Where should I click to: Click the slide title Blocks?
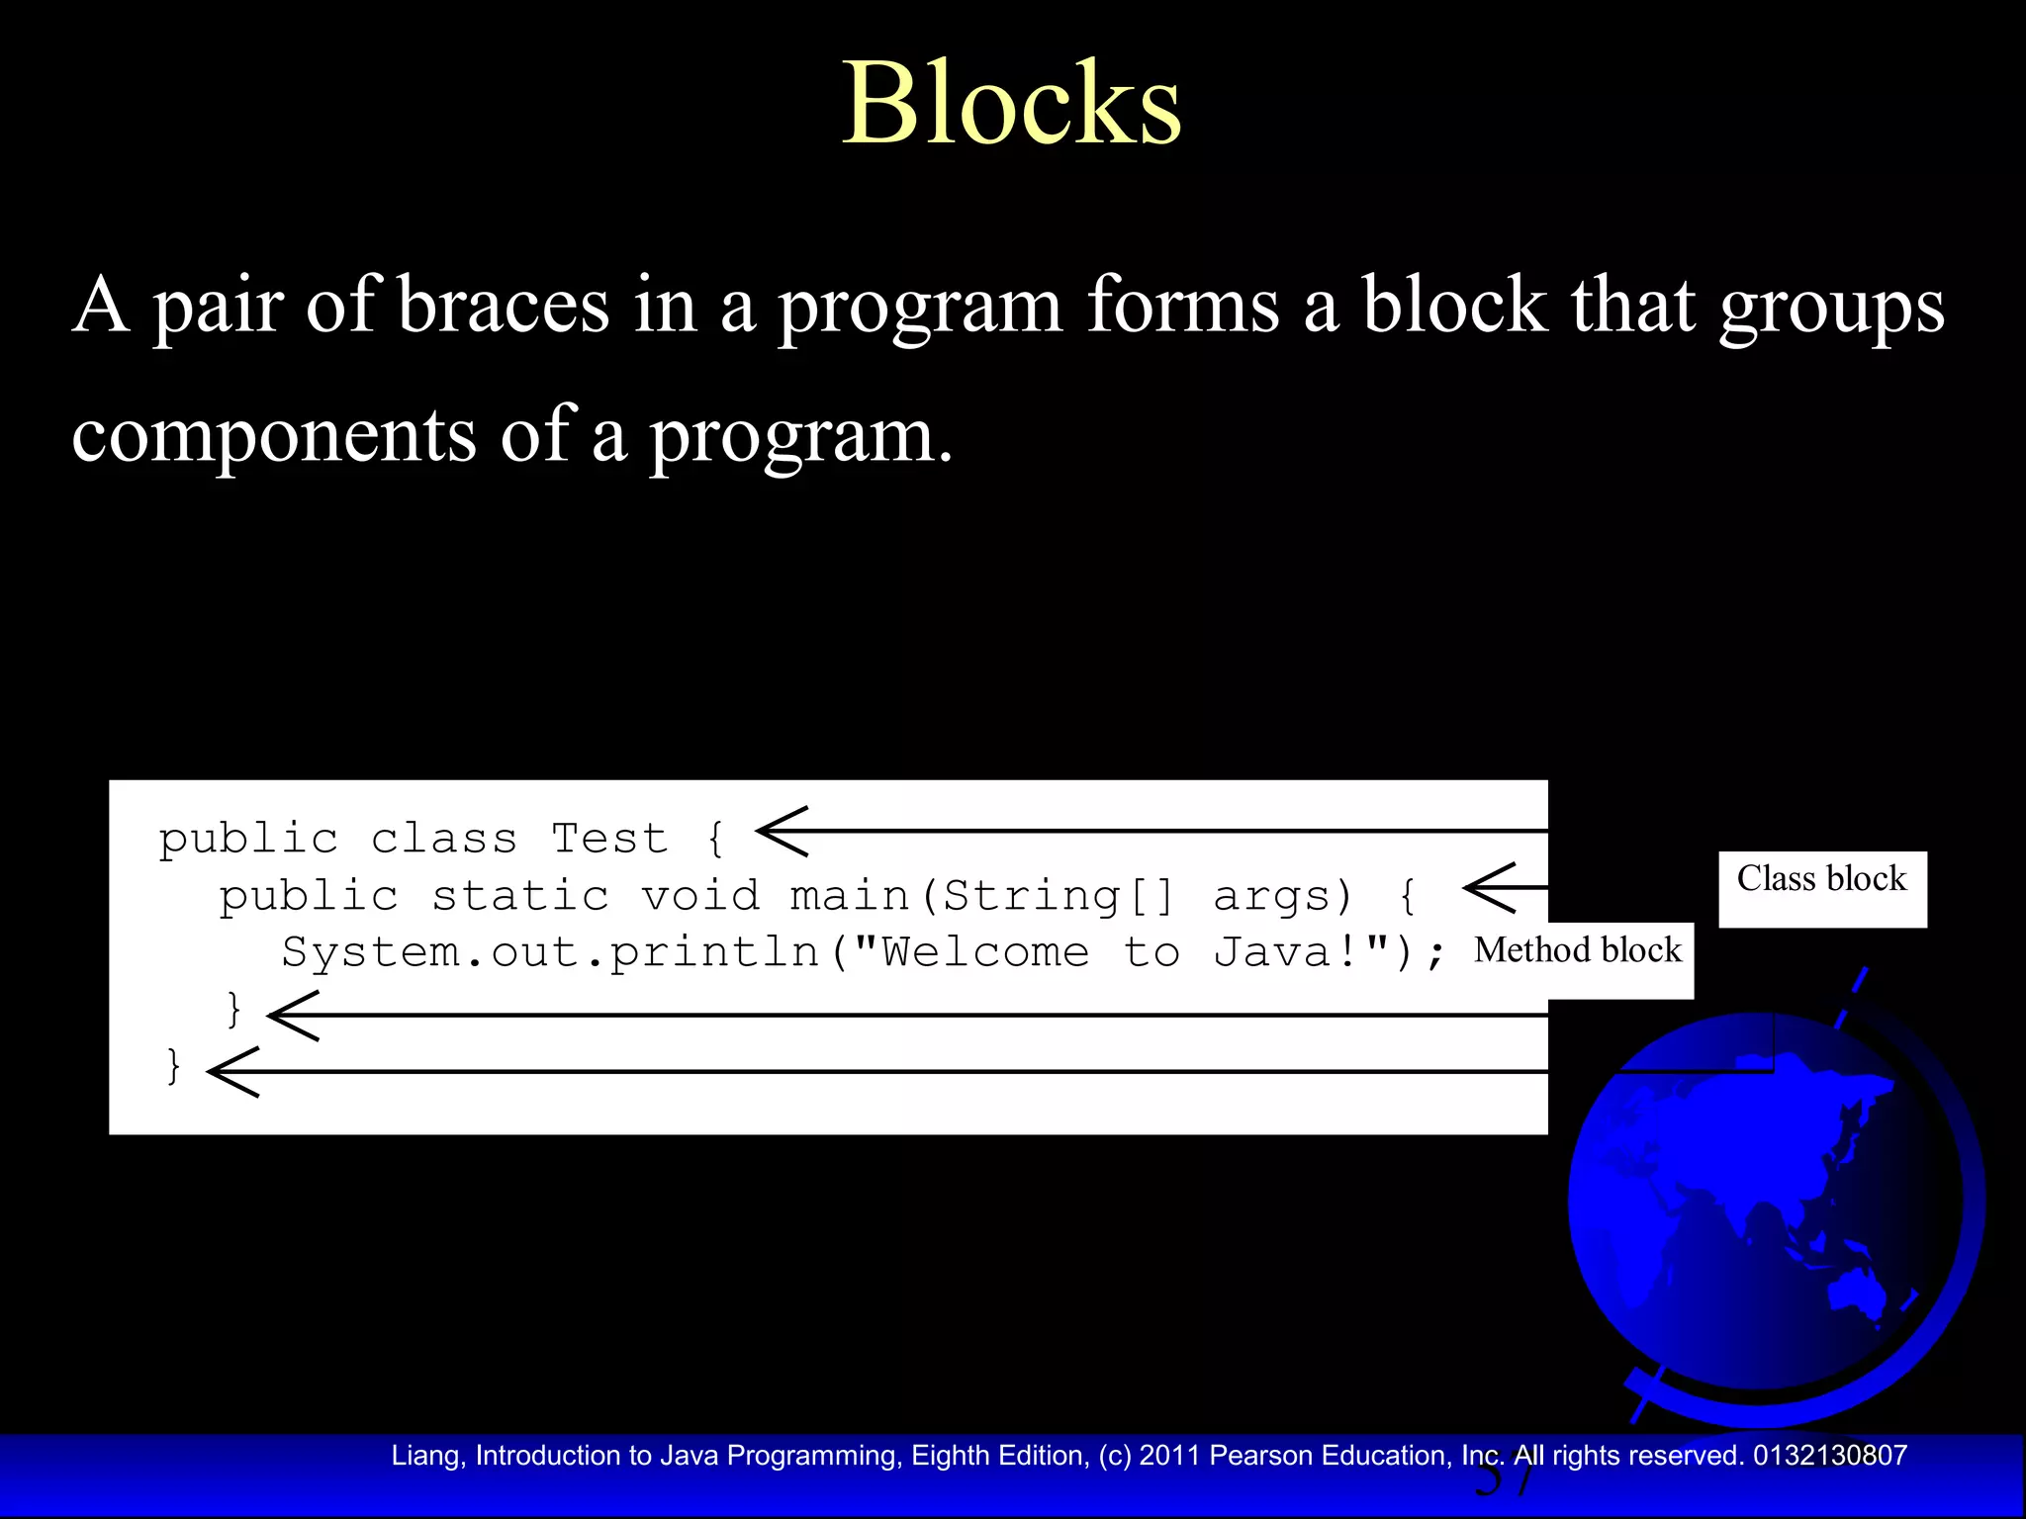coord(1011,103)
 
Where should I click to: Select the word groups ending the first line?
coord(1831,307)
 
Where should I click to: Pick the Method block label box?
coord(1579,951)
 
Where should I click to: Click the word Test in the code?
coord(609,839)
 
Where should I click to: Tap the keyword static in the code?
coord(520,896)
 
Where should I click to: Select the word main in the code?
coord(849,896)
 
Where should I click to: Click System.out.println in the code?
coord(550,952)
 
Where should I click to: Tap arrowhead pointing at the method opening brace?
coord(1489,887)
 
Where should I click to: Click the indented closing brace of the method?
coord(234,1010)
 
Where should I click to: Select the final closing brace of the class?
coord(174,1066)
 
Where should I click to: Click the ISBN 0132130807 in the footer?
coord(1829,1455)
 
